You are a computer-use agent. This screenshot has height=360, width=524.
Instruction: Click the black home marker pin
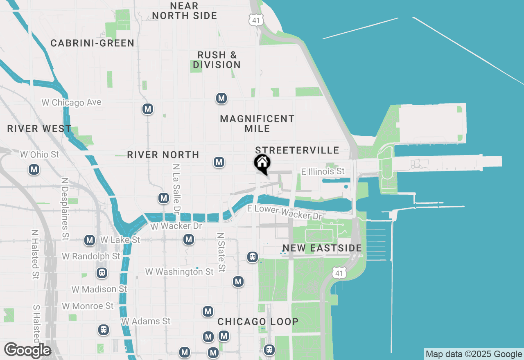[x=262, y=164]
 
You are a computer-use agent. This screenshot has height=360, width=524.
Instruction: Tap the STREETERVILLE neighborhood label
[x=297, y=150]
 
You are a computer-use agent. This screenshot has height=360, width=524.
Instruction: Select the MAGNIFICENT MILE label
[x=257, y=124]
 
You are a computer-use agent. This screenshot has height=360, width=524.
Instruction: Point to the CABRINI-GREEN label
[x=93, y=43]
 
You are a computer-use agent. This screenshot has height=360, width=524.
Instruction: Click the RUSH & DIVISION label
[x=217, y=60]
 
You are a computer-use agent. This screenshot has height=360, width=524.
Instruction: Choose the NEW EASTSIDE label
[x=322, y=248]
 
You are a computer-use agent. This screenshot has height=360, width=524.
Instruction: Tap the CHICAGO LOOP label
[x=258, y=322]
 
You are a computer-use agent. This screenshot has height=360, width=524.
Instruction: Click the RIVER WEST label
[x=39, y=129]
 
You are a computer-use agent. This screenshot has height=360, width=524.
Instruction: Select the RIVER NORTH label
[x=163, y=155]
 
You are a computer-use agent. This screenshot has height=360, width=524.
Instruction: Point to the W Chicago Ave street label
[x=72, y=102]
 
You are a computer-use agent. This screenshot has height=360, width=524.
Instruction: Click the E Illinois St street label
[x=323, y=171]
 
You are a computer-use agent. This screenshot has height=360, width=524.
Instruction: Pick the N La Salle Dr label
[x=177, y=189]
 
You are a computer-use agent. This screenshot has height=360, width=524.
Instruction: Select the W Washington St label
[x=179, y=272]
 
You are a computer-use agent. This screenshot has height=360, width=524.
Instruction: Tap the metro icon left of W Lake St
[x=90, y=240]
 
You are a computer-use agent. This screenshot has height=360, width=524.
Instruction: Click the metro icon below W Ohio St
[x=34, y=169]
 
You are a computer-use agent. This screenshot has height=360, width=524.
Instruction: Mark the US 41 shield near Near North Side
[x=256, y=20]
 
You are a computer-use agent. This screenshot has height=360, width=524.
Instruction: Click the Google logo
[x=27, y=350]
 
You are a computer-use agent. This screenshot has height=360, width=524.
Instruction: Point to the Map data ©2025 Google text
[x=474, y=354]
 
